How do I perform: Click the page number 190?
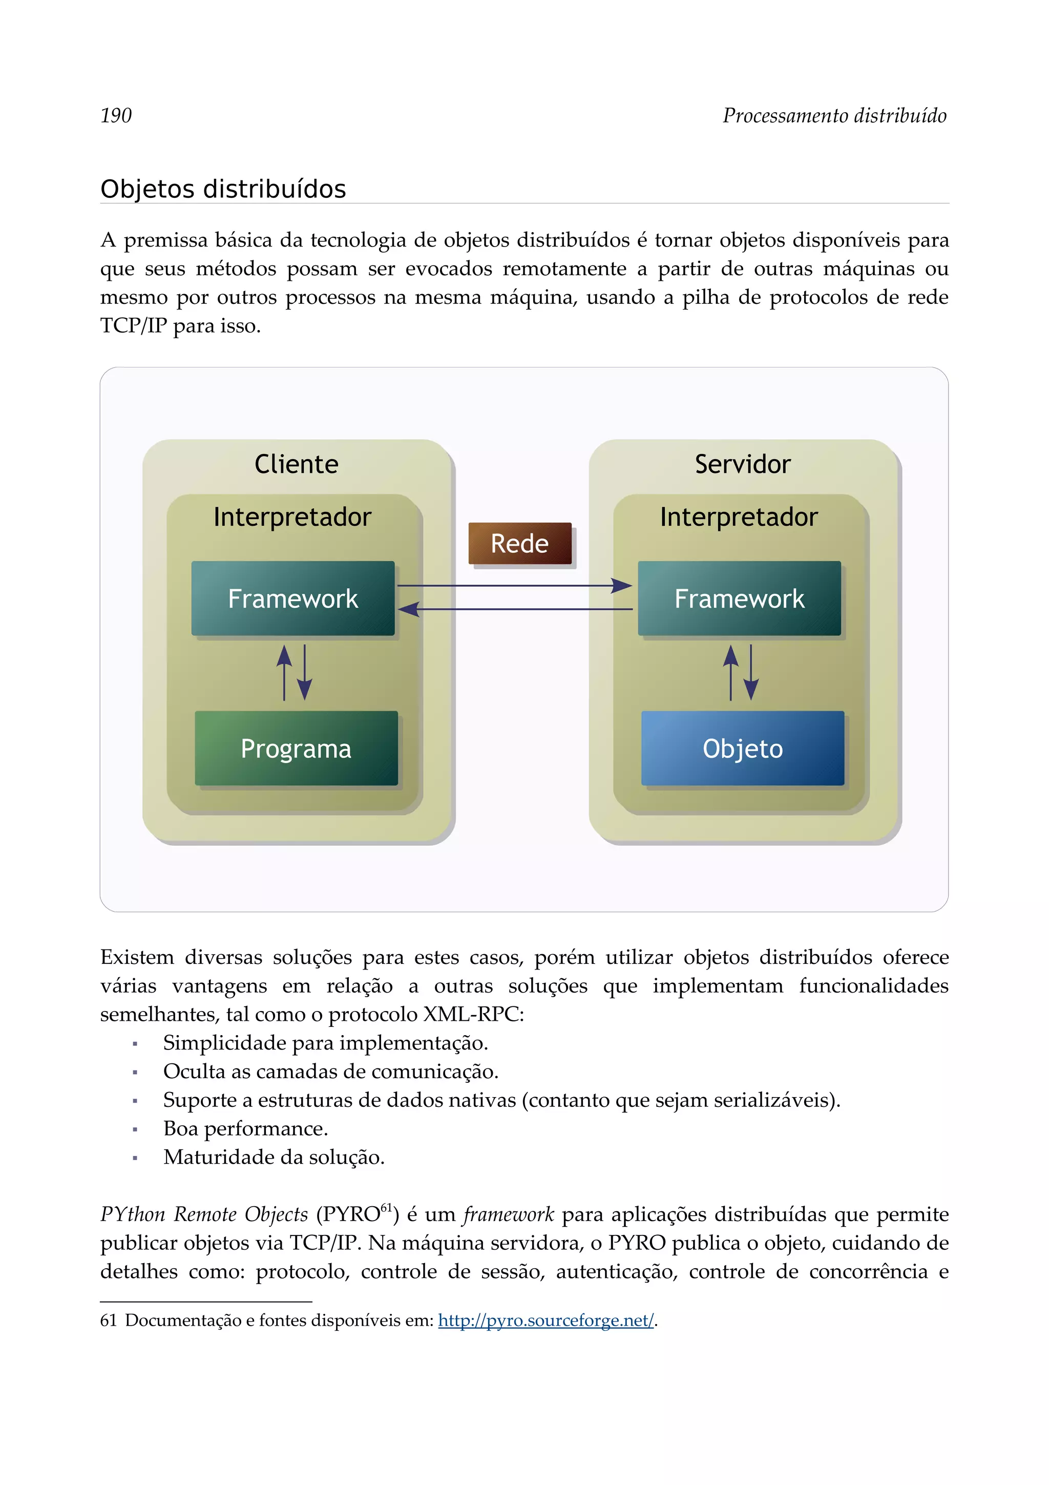point(116,116)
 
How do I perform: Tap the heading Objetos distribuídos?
point(223,189)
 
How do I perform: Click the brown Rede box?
point(520,543)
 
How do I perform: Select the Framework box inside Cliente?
point(293,599)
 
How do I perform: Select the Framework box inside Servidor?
point(740,599)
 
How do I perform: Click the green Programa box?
point(296,748)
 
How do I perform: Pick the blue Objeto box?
point(743,748)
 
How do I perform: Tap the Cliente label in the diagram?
point(296,464)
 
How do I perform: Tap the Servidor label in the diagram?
point(743,464)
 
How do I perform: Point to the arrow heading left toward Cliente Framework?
point(514,609)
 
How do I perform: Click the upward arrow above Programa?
point(284,673)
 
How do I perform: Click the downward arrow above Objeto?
point(751,673)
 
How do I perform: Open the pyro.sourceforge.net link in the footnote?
point(546,1320)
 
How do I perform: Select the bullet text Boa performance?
point(246,1129)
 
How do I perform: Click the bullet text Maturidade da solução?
point(274,1157)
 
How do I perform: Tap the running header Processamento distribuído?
point(834,116)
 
